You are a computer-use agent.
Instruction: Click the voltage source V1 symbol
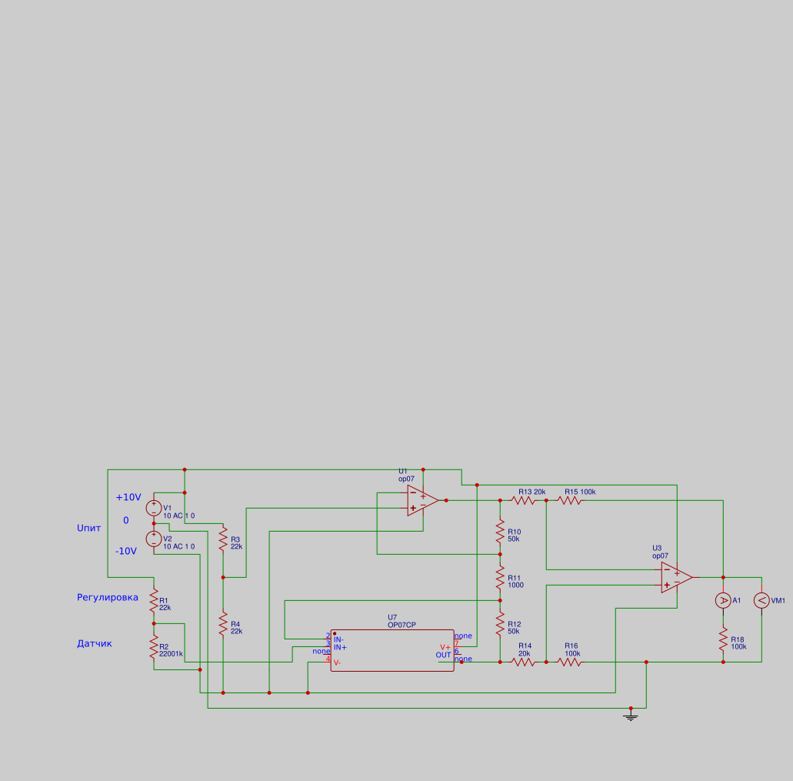click(154, 508)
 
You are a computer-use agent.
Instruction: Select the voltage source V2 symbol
click(154, 539)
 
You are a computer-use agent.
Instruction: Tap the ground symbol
click(631, 716)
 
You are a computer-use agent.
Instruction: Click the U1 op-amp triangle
click(421, 500)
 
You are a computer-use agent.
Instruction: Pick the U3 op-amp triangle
click(675, 577)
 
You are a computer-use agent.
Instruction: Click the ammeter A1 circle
click(723, 600)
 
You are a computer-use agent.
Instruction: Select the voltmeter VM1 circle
click(761, 600)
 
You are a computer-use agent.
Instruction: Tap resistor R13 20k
click(523, 500)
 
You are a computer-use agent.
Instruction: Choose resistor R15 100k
click(569, 500)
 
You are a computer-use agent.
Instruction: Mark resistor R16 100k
click(569, 662)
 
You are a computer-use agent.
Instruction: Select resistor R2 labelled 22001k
click(154, 646)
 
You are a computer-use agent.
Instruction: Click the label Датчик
click(95, 643)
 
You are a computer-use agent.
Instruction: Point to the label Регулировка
click(108, 597)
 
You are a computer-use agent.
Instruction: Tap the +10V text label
click(128, 497)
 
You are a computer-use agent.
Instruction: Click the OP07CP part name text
click(402, 626)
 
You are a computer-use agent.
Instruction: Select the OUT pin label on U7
click(444, 655)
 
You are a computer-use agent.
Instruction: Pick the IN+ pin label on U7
click(340, 647)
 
